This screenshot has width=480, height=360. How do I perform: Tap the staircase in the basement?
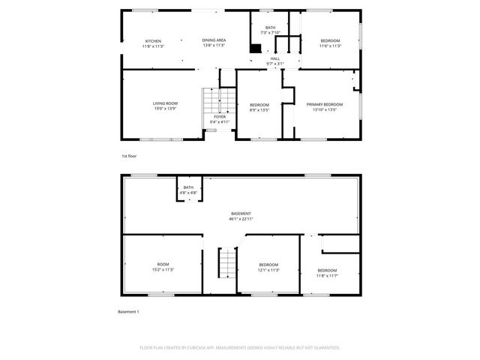(x=227, y=263)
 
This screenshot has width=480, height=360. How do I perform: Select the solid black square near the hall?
(x=256, y=49)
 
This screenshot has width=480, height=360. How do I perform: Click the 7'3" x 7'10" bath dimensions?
(x=270, y=33)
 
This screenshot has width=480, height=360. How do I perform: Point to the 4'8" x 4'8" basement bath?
(x=188, y=190)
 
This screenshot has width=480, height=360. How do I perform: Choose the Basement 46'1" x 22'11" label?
(x=241, y=216)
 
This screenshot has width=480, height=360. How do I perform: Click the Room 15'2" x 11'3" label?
(x=163, y=266)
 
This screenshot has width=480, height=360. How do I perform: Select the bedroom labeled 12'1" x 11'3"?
(x=268, y=267)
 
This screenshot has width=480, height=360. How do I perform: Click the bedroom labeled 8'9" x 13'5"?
(x=259, y=106)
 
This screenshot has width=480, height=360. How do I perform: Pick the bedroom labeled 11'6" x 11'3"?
(x=331, y=43)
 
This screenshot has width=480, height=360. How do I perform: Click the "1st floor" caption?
(x=129, y=156)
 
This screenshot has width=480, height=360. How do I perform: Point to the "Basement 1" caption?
(x=129, y=311)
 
